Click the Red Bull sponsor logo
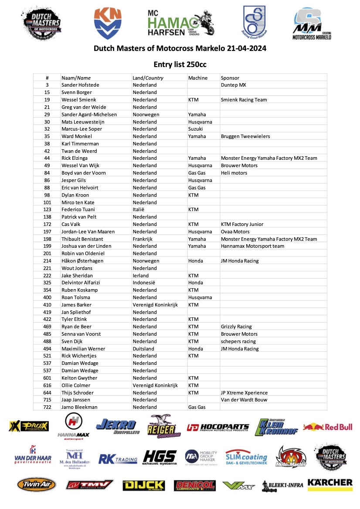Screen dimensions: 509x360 pos(328,427)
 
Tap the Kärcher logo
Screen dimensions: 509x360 pos(330,483)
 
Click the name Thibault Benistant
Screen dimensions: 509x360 pos(82,239)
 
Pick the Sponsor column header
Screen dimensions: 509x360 pos(230,78)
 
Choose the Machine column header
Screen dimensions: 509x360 pos(198,78)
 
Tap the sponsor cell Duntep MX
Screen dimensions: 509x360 pos(234,85)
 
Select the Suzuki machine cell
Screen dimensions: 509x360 pos(196,129)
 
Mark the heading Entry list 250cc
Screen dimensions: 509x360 pos(180,64)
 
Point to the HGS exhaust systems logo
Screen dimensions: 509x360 pos(160,458)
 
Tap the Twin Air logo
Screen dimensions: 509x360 pos(37,485)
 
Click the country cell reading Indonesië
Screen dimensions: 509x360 pos(145,283)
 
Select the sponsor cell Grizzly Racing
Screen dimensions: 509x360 pos(236,327)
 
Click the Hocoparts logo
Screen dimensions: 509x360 pos(218,428)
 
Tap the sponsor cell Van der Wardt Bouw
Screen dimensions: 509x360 pos(244,400)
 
